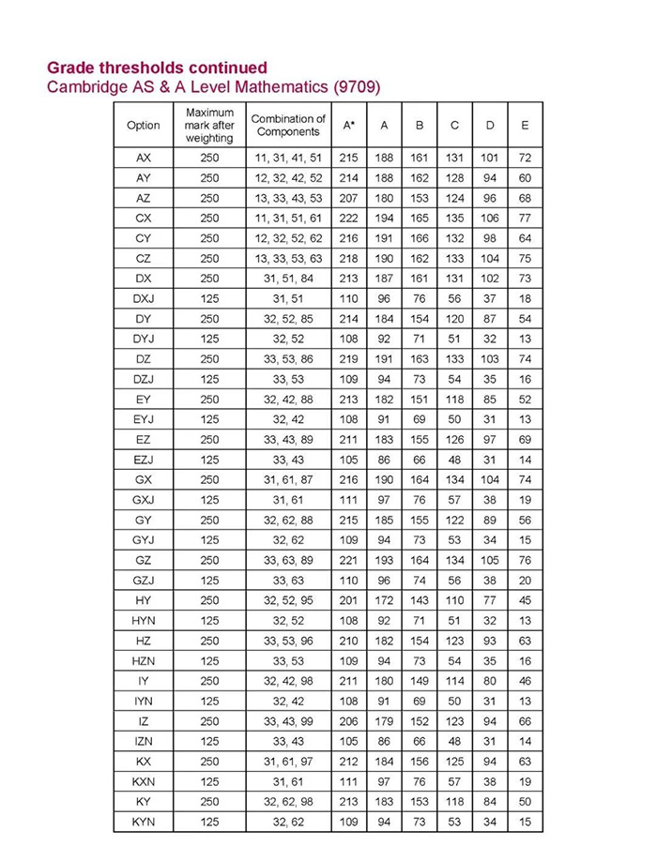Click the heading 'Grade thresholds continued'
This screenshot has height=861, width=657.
click(x=157, y=68)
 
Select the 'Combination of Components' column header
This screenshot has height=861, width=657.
click(x=288, y=125)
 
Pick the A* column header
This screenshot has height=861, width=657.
click(x=348, y=125)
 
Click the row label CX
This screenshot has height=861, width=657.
click(x=144, y=218)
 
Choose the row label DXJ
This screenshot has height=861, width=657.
click(x=144, y=297)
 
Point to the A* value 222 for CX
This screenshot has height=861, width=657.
click(x=348, y=218)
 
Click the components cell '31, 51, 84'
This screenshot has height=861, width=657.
click(x=288, y=278)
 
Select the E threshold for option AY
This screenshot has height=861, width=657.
click(x=525, y=177)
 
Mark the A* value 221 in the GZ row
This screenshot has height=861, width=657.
click(x=348, y=559)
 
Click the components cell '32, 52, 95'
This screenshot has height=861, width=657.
click(x=288, y=599)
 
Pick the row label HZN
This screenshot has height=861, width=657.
click(x=144, y=659)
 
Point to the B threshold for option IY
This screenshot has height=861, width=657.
click(x=419, y=680)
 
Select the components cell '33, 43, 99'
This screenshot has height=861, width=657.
click(x=288, y=720)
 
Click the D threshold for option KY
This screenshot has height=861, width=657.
click(x=489, y=801)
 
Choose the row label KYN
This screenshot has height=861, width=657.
click(x=144, y=821)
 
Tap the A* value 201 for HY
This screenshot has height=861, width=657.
click(x=348, y=599)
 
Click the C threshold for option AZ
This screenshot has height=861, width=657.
click(x=454, y=197)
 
